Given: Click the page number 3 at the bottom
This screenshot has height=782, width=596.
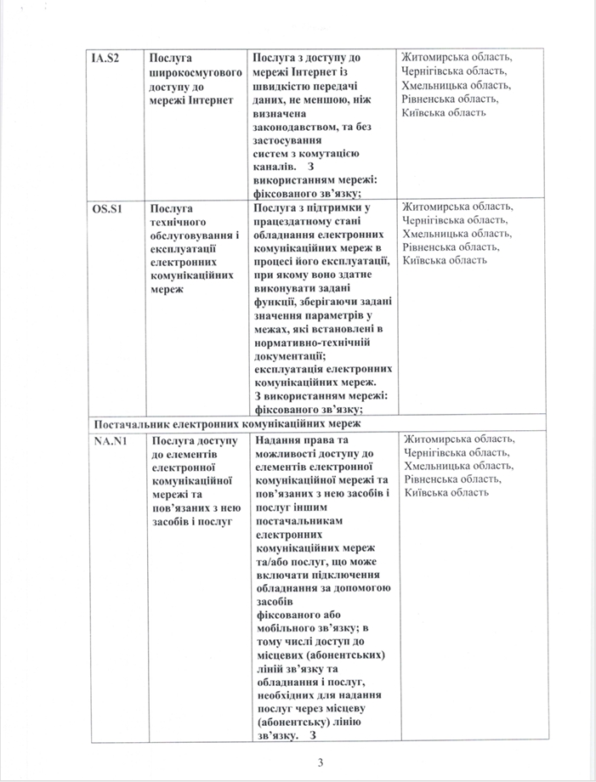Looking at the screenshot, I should (321, 762).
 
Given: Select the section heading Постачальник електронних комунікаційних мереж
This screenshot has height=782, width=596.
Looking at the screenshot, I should (227, 422).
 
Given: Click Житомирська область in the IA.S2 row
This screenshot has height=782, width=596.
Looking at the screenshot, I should (457, 58).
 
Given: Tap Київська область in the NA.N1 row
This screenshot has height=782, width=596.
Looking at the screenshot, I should (446, 493).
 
